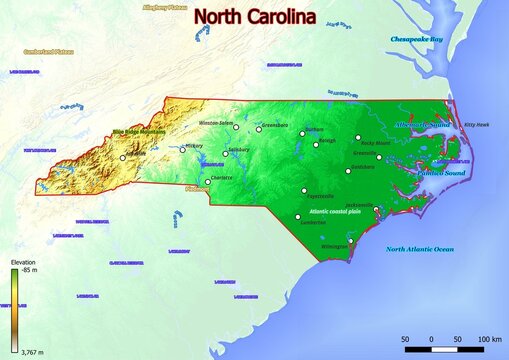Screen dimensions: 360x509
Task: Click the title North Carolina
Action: (254, 17)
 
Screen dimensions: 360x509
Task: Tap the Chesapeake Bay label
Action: (415, 39)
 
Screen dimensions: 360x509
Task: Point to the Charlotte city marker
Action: (208, 182)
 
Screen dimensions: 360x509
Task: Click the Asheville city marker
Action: (123, 157)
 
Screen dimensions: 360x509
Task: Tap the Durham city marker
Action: (302, 133)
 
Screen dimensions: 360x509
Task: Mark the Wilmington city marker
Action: (350, 240)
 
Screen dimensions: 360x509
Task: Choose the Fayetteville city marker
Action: (304, 191)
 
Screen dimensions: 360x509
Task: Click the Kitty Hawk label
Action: (477, 125)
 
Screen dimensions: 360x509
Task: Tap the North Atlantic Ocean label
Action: (420, 248)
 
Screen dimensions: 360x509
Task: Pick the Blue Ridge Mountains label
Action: (138, 131)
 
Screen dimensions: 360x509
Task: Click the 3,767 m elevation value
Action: (28, 353)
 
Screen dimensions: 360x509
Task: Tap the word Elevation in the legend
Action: (22, 262)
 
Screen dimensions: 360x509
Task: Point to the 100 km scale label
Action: (489, 340)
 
